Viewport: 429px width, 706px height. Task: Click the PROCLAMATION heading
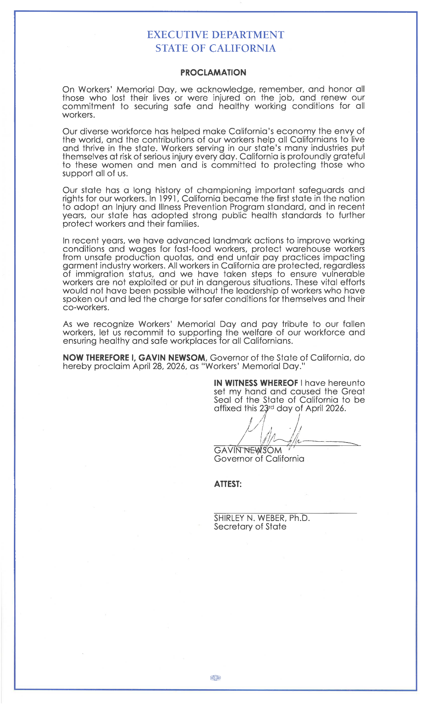pos(213,72)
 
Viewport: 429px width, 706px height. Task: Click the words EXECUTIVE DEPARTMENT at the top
pos(215,35)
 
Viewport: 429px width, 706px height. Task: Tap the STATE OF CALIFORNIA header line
pos(215,48)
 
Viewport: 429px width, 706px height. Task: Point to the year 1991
pos(167,199)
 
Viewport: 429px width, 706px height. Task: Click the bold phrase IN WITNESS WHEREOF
pos(256,383)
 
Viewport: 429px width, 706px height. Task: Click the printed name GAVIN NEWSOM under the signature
pos(248,450)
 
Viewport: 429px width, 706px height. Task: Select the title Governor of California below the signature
pos(259,459)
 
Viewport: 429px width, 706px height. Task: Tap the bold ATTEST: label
pos(227,484)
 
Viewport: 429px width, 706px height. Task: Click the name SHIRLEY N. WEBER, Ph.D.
pos(262,518)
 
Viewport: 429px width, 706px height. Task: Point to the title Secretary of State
pos(250,527)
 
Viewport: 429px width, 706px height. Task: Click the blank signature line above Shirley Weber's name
pos(285,513)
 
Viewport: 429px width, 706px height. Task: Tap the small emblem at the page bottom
pos(215,677)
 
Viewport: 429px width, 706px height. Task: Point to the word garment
pos(79,266)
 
